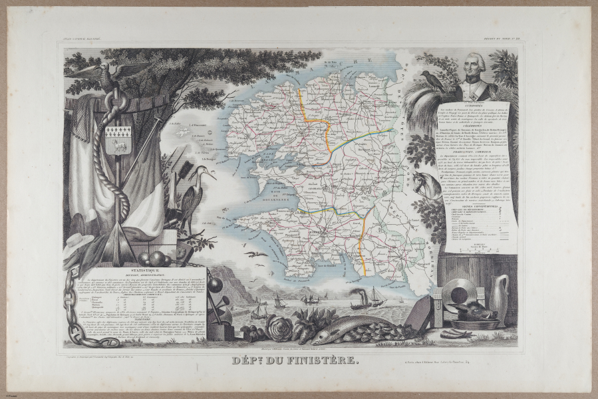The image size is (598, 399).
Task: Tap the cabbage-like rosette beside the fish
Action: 280,328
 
